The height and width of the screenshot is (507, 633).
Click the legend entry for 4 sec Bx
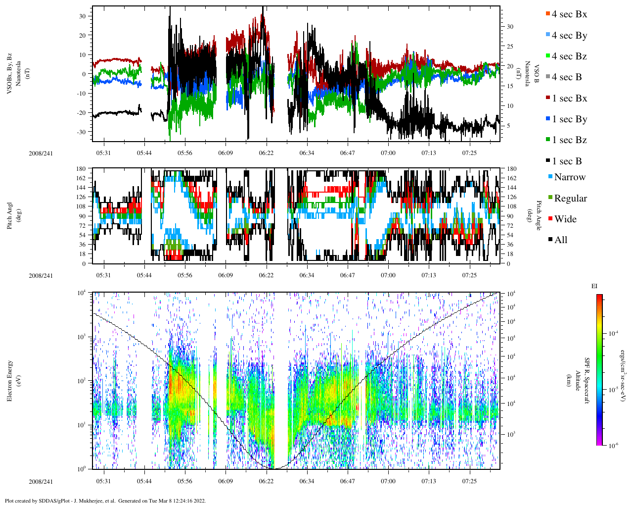coord(569,14)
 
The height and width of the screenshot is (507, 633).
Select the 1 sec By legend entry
coord(569,119)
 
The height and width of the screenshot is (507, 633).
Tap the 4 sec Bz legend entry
coord(569,56)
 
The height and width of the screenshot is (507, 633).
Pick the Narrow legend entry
coord(569,177)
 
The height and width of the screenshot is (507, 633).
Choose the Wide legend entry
coord(565,219)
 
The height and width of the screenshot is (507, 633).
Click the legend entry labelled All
coord(561,240)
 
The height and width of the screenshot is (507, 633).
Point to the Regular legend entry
coord(570,199)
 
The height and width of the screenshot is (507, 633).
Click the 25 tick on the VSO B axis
coord(509,47)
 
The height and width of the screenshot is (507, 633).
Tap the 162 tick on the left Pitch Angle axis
coord(81,178)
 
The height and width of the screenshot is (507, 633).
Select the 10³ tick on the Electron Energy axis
coord(82,337)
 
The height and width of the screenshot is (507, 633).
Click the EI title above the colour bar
coord(594,286)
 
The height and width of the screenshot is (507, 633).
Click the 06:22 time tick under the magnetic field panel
coord(266,153)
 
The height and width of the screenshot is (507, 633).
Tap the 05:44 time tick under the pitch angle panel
coord(144,275)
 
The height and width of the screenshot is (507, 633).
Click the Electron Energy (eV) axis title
coord(10,380)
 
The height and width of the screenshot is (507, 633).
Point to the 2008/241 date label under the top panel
coord(41,153)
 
